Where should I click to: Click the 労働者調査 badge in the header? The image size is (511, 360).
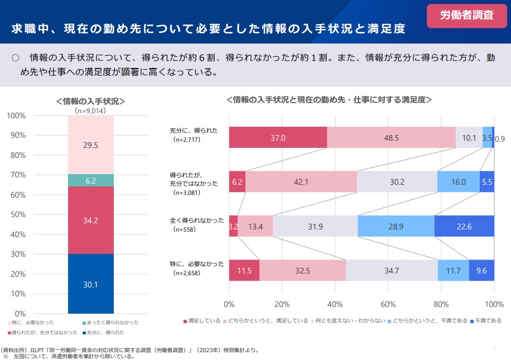(x=467, y=16)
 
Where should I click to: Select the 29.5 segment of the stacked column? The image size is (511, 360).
(x=91, y=145)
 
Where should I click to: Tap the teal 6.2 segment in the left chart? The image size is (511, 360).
(x=91, y=180)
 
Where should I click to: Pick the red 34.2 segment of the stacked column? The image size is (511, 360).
(x=91, y=220)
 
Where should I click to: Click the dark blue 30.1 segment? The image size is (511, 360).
(x=91, y=284)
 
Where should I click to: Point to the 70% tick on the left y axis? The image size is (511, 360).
(x=17, y=175)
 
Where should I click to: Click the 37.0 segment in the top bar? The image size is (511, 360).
(x=278, y=137)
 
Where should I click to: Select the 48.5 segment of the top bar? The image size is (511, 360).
(x=391, y=137)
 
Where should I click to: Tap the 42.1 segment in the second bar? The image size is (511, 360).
(x=301, y=181)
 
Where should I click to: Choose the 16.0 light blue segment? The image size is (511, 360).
(x=458, y=181)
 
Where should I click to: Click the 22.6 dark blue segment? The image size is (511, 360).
(x=464, y=226)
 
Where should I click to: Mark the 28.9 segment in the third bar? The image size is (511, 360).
(x=396, y=226)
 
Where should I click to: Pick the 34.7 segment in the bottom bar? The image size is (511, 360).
(x=392, y=271)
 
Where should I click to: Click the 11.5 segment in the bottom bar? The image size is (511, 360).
(x=244, y=271)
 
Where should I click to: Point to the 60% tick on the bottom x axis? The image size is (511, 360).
(x=388, y=305)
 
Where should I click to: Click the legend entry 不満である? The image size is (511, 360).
(x=486, y=321)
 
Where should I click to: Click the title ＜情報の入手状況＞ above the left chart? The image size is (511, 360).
(x=90, y=101)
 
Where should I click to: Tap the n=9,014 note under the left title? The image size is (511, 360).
(x=90, y=111)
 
